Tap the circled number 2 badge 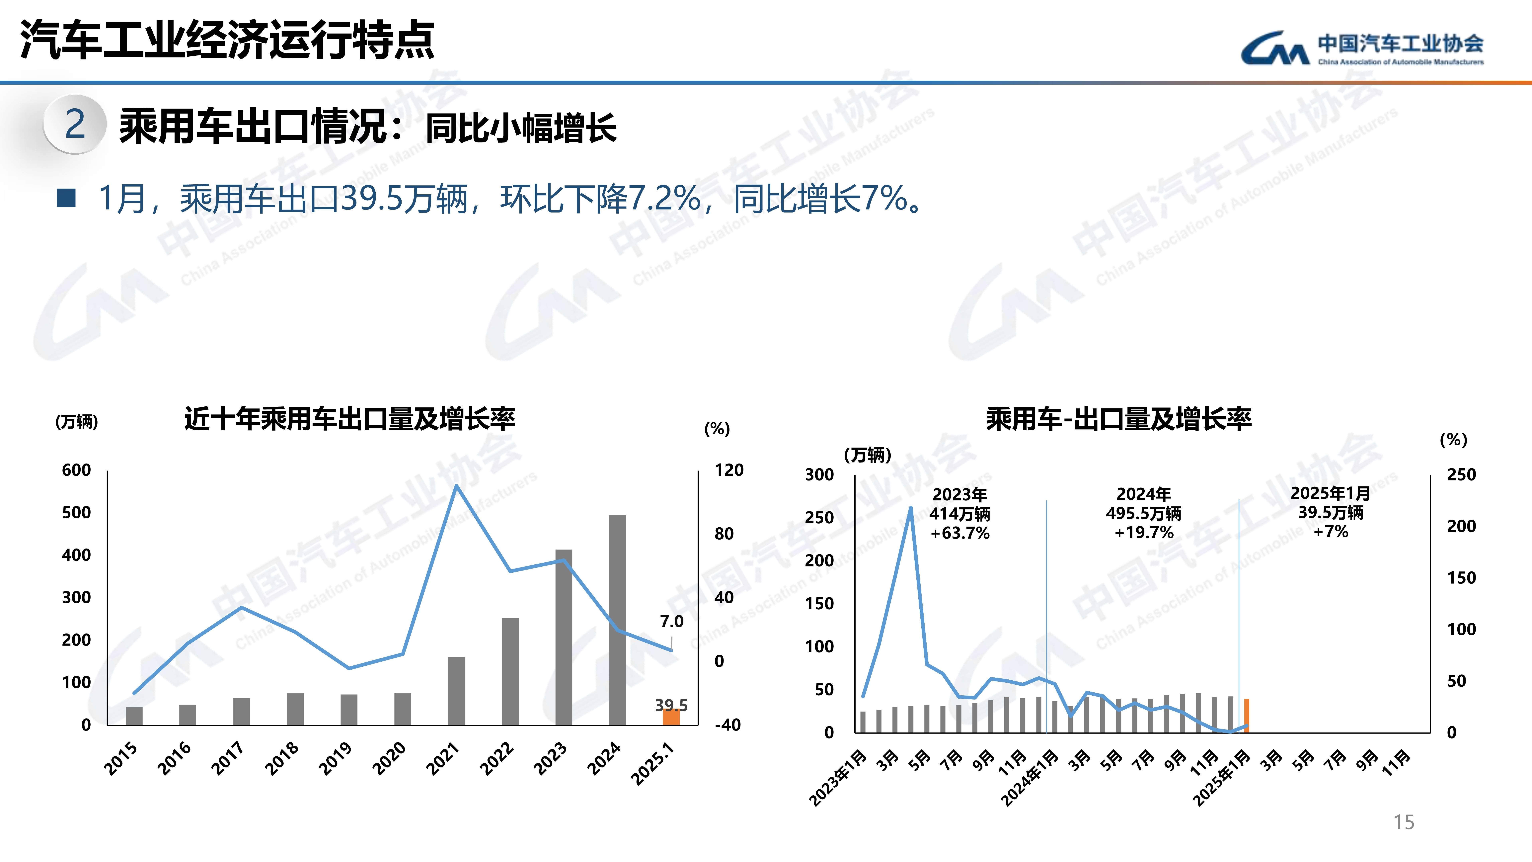coord(75,124)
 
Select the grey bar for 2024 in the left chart coord(617,619)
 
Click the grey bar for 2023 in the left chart coord(564,637)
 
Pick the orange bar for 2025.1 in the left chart coord(671,718)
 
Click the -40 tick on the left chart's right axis coord(727,725)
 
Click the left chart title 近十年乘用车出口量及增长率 coord(350,419)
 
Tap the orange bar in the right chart coord(1247,716)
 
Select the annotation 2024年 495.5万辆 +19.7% coord(1143,513)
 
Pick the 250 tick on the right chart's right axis coord(1461,475)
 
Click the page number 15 coord(1404,822)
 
